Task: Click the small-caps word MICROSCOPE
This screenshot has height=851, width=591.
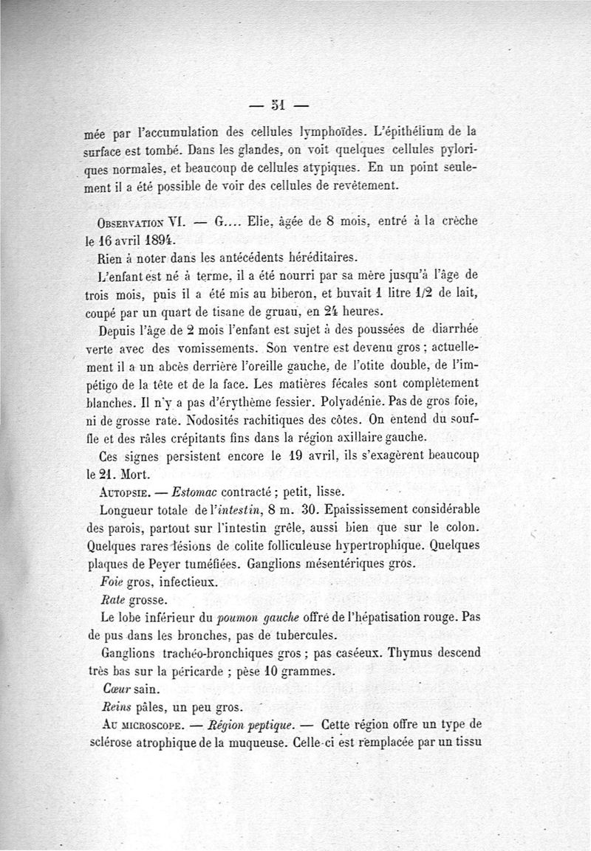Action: [x=146, y=726]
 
